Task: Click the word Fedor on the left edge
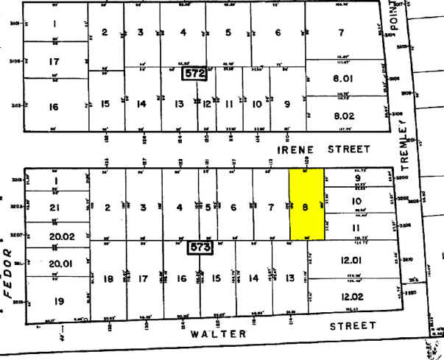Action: click(x=10, y=272)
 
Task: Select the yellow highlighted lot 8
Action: click(x=306, y=204)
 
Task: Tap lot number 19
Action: click(x=54, y=300)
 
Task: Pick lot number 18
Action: click(x=108, y=279)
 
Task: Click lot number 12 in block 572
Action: click(x=207, y=105)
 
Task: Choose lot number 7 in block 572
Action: click(x=340, y=32)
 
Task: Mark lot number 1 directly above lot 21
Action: click(x=54, y=180)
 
